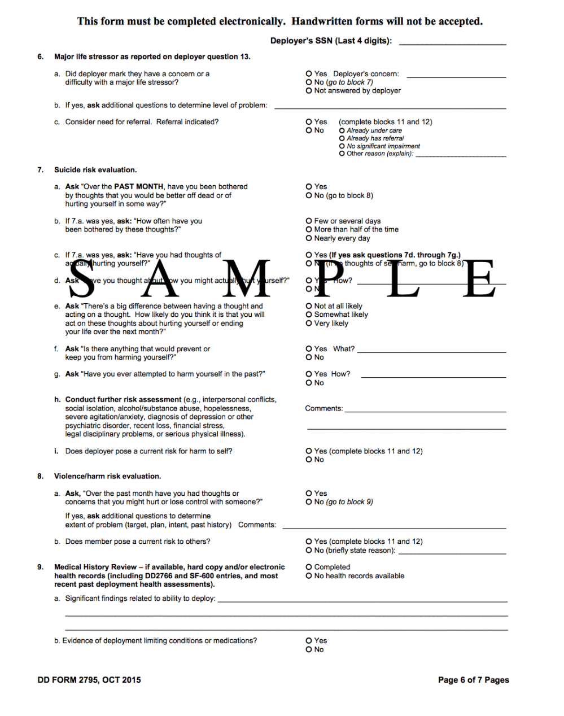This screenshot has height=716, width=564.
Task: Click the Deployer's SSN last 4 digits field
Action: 452,41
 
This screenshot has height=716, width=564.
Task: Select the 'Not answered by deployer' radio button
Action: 309,91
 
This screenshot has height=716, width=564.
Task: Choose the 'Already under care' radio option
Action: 342,130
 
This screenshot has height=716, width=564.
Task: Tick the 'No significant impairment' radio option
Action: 342,146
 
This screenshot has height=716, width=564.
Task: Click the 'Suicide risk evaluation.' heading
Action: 95,170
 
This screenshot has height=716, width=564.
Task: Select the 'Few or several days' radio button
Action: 309,221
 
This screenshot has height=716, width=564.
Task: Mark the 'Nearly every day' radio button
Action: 309,238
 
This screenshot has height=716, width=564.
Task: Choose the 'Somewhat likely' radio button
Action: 309,315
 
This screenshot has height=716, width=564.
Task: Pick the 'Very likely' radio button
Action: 309,324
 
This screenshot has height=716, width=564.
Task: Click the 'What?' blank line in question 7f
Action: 432,350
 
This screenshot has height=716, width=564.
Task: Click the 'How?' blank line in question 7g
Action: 434,375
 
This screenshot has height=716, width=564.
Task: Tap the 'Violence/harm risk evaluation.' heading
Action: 107,477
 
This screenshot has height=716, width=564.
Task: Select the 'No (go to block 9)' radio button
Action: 309,502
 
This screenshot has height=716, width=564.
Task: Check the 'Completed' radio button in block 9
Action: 309,567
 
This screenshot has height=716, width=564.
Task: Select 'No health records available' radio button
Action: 309,577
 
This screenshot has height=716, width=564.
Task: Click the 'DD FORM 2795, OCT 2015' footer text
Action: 89,680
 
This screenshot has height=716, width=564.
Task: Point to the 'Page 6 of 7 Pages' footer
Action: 473,680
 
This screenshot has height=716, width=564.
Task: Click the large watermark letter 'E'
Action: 478,278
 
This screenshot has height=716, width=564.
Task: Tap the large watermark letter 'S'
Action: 82,278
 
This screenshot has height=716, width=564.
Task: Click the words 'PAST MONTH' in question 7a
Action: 139,187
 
